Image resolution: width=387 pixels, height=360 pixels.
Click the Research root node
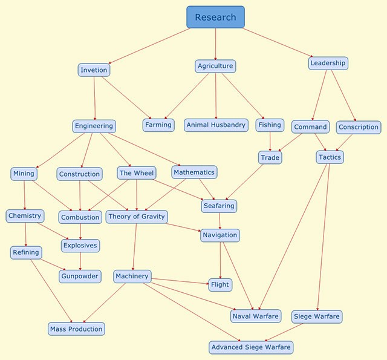click(x=215, y=17)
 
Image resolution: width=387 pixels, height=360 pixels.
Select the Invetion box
click(x=94, y=70)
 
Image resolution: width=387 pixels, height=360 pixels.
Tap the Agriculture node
click(x=215, y=66)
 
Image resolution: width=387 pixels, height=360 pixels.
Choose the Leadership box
click(x=328, y=63)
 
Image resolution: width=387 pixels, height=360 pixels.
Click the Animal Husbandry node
click(x=216, y=125)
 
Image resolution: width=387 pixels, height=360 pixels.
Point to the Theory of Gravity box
click(x=136, y=216)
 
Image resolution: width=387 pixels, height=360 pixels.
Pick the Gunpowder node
click(x=80, y=276)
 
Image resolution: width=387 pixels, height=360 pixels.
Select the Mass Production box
click(x=76, y=329)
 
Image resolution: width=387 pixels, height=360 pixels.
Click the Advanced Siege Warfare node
click(x=251, y=347)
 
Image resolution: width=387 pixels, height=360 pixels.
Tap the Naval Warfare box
click(x=255, y=316)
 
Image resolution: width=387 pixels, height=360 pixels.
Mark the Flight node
click(x=220, y=284)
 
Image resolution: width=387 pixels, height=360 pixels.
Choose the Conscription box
click(x=359, y=127)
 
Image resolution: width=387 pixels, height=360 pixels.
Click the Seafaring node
click(x=218, y=206)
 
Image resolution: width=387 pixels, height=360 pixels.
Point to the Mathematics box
click(x=193, y=172)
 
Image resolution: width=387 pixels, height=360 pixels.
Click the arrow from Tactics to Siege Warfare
click(x=323, y=237)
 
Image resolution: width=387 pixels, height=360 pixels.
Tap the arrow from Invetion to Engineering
click(x=94, y=98)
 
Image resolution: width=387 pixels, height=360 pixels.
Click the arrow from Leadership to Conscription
click(x=342, y=95)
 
